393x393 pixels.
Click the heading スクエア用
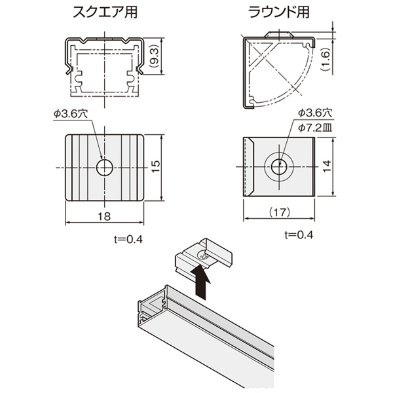(105, 12)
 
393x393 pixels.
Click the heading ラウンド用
(279, 12)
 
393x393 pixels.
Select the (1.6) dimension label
(326, 60)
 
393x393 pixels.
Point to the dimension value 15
(156, 167)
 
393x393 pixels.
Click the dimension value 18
(104, 216)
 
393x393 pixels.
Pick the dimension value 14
(327, 166)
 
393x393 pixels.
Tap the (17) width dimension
(280, 212)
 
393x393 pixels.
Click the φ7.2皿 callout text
(315, 128)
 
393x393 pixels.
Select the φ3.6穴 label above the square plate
(71, 114)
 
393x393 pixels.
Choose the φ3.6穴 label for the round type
(315, 113)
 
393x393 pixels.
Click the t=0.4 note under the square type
(128, 239)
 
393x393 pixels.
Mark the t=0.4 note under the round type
(299, 235)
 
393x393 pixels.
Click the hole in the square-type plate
(105, 167)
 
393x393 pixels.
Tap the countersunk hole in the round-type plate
(279, 166)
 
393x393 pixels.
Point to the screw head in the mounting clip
(203, 257)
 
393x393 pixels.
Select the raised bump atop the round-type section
(279, 35)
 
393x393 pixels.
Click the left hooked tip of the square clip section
(67, 71)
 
